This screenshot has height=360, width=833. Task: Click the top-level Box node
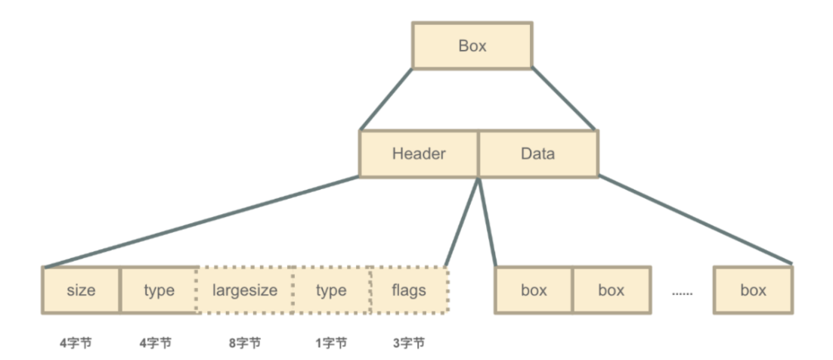(472, 46)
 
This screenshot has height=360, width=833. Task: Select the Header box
(419, 154)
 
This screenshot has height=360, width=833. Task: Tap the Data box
(537, 154)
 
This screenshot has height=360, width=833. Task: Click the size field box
(81, 290)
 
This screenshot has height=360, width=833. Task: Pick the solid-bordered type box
(159, 290)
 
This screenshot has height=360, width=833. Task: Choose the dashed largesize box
(245, 290)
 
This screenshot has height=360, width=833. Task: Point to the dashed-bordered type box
(331, 290)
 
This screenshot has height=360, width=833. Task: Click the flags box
(409, 290)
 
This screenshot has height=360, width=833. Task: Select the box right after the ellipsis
(753, 290)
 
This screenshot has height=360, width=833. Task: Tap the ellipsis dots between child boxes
(682, 292)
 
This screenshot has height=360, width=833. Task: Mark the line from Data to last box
(695, 221)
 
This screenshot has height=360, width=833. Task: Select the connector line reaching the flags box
(463, 222)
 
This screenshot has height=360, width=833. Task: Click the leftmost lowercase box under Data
(534, 290)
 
